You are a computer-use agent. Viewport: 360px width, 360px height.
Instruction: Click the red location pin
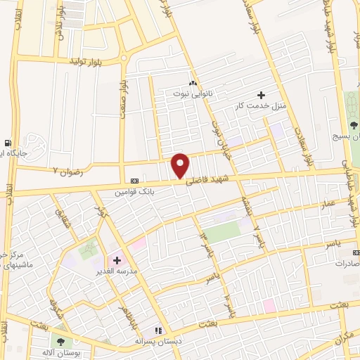[x=181, y=165]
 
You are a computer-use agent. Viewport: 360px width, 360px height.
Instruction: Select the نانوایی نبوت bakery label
[x=193, y=92]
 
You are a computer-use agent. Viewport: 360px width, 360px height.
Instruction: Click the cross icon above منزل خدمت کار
[x=261, y=95]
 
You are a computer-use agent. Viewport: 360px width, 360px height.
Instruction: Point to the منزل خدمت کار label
[x=261, y=105]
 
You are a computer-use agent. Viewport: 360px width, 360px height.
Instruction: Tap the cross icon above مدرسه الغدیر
[x=116, y=260]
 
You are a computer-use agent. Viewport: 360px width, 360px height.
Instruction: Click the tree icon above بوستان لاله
[x=60, y=341]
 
